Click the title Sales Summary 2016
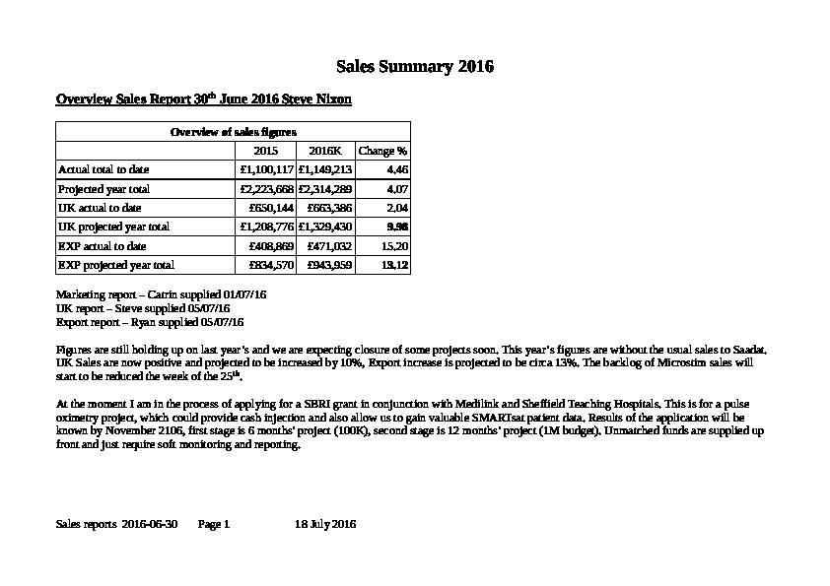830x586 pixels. click(415, 68)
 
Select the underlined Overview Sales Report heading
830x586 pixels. click(203, 100)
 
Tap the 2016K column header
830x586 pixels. click(324, 151)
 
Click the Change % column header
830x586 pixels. click(382, 151)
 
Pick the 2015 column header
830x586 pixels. click(266, 151)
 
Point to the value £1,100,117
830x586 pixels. click(266, 169)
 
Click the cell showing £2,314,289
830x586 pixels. click(324, 188)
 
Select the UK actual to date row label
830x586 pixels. click(100, 208)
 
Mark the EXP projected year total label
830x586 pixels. click(116, 265)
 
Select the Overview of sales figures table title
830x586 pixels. click(234, 132)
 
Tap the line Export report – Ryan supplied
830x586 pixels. click(150, 322)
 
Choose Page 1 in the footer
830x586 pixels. click(214, 525)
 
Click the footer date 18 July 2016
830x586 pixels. click(325, 525)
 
